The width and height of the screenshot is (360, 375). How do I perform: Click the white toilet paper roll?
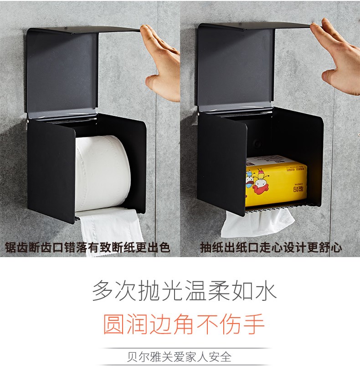[x=103, y=173]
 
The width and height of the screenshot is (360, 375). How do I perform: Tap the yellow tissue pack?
[x=276, y=181]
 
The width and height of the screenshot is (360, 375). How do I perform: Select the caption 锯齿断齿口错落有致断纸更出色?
[x=87, y=247]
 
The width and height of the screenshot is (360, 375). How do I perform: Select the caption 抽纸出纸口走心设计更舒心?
[x=271, y=247]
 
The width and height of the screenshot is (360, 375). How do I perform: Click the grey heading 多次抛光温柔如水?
[x=185, y=290]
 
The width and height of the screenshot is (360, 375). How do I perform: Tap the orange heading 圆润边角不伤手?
[x=184, y=324]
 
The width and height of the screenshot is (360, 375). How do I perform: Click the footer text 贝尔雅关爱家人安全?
[x=180, y=357]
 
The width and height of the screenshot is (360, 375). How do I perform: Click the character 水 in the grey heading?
[x=266, y=290]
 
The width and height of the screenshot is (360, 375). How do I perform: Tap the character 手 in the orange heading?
[x=254, y=324]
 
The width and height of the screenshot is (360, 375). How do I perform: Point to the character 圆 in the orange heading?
[x=113, y=324]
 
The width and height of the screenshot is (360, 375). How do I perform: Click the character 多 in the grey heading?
[x=103, y=290]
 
